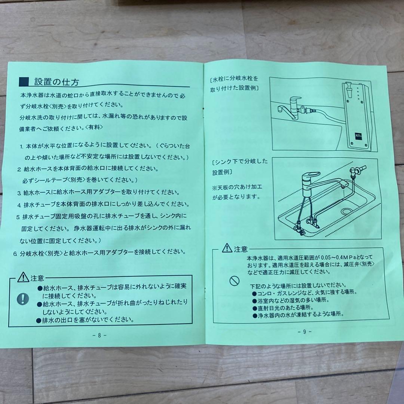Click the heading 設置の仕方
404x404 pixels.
click(56, 82)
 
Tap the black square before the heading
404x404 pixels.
click(24, 82)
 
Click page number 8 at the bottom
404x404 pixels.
click(99, 335)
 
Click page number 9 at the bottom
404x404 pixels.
click(305, 331)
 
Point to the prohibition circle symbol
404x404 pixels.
click(234, 281)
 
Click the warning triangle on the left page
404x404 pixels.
click(23, 278)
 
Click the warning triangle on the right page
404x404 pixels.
click(227, 248)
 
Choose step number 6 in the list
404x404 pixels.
click(15, 253)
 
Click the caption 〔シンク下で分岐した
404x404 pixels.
click(239, 162)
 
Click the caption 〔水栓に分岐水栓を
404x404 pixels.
click(235, 79)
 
